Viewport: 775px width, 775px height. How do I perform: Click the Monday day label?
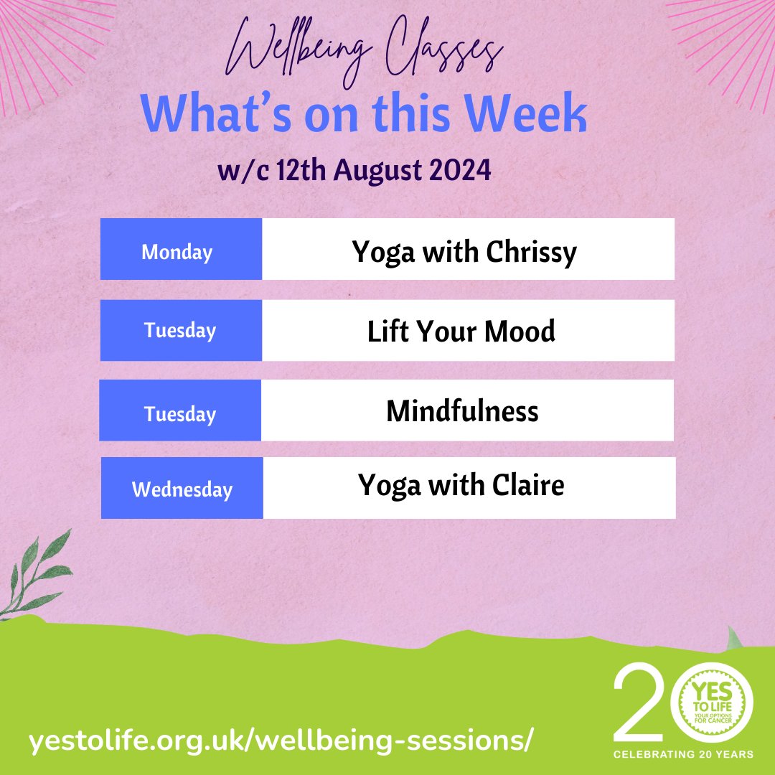(177, 253)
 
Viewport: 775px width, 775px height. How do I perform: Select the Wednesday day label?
(182, 490)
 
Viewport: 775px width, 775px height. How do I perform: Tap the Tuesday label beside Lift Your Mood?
(180, 331)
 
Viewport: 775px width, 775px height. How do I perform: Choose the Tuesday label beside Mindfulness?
(180, 415)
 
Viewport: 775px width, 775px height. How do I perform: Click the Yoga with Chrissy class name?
(464, 253)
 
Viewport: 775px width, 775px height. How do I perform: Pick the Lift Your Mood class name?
(461, 332)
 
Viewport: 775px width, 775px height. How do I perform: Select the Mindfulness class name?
(462, 412)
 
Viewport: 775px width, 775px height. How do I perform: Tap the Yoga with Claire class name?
(461, 486)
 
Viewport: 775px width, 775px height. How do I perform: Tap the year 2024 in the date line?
(462, 172)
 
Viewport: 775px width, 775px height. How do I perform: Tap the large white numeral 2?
(639, 703)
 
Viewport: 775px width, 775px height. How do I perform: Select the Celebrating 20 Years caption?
(682, 754)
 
